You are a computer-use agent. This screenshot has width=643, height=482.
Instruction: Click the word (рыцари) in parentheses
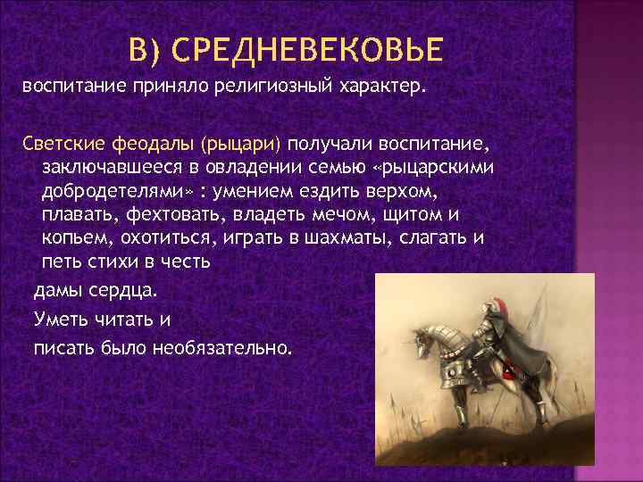[x=242, y=145]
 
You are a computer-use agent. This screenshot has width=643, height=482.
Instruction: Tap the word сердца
[x=121, y=291]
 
